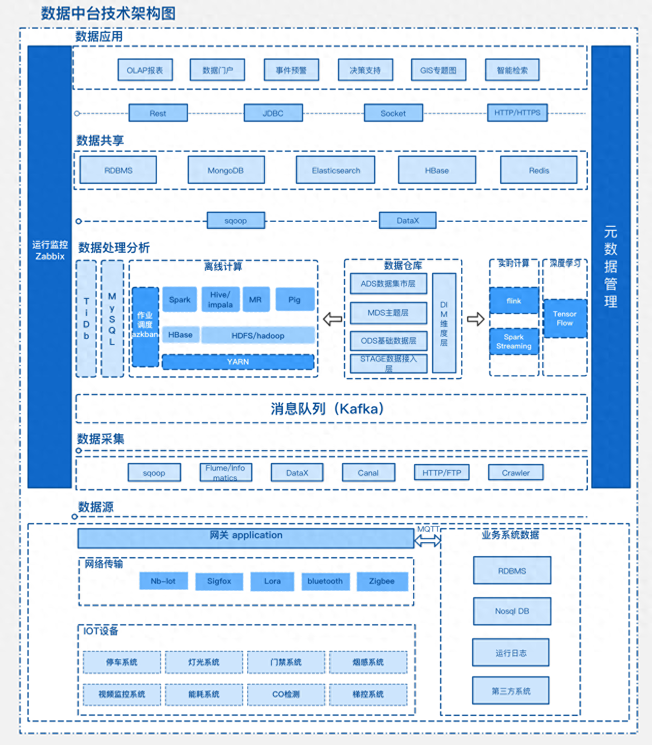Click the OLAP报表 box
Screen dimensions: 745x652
(x=145, y=70)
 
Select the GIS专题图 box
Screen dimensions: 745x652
(x=439, y=70)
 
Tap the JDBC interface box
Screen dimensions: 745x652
(x=273, y=113)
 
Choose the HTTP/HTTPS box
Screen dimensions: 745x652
(x=517, y=113)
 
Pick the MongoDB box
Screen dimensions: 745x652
(x=226, y=170)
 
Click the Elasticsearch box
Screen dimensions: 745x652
(x=336, y=170)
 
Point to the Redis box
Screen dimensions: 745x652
(x=539, y=170)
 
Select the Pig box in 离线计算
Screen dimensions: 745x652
(x=294, y=299)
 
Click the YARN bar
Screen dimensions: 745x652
(x=238, y=361)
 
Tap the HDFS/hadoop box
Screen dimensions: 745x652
(x=258, y=335)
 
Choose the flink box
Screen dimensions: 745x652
(x=514, y=300)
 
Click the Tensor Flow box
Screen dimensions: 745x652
(x=565, y=318)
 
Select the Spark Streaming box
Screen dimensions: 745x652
(x=514, y=341)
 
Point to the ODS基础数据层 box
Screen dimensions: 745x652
(x=389, y=340)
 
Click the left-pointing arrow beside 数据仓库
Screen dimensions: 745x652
(x=333, y=319)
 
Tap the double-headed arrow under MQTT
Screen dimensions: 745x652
(x=428, y=540)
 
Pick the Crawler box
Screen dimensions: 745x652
(x=516, y=473)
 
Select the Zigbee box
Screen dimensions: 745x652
(x=382, y=581)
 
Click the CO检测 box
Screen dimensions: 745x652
(x=286, y=694)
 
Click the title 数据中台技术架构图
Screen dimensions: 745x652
(x=108, y=14)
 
